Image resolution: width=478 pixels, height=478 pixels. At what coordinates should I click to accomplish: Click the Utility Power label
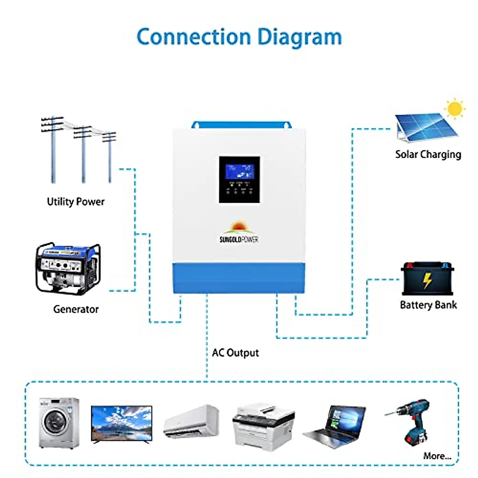click(x=76, y=202)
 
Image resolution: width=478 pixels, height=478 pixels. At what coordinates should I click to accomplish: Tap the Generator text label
click(x=76, y=309)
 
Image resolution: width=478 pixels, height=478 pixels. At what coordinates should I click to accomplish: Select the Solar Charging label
click(x=428, y=155)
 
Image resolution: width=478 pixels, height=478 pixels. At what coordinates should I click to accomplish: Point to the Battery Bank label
click(x=428, y=305)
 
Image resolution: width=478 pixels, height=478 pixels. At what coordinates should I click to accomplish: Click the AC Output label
click(x=235, y=353)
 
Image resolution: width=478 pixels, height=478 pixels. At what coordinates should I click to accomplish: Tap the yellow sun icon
click(x=454, y=109)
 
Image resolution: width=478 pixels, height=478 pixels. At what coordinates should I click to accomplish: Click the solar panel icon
click(x=424, y=127)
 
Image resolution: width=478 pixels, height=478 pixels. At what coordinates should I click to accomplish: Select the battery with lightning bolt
click(x=427, y=279)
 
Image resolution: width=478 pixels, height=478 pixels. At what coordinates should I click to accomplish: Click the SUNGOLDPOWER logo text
click(x=239, y=239)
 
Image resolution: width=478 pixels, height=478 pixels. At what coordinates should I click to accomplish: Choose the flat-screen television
click(x=121, y=423)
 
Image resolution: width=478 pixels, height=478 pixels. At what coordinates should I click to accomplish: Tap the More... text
click(x=437, y=456)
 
